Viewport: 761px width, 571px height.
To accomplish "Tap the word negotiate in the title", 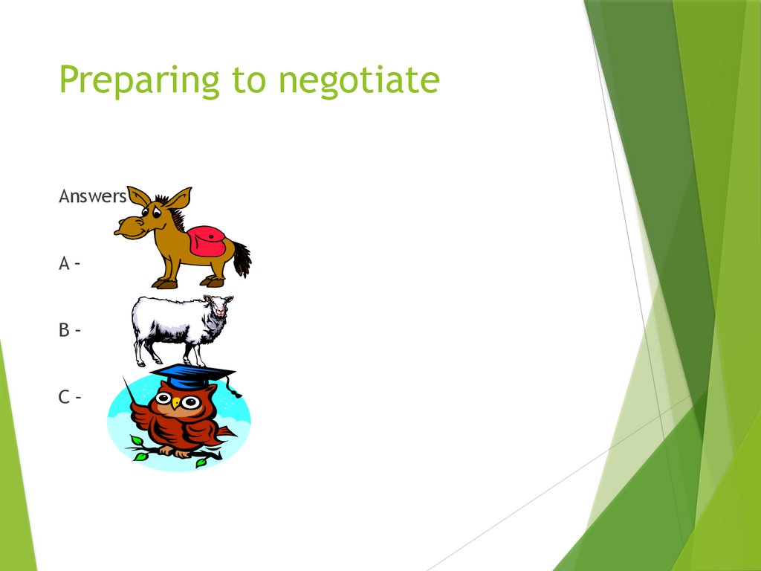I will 359,80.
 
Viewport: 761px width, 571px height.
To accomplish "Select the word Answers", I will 92,196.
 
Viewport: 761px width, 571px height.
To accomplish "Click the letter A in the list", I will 65,263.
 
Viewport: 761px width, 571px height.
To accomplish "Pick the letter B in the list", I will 65,330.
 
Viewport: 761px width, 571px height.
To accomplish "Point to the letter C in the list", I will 65,397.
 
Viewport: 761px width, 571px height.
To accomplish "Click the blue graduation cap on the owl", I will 192,375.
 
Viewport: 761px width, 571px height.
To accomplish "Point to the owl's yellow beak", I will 177,406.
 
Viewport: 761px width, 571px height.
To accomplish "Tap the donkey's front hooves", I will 165,283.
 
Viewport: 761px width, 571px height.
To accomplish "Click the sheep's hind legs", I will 141,352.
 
